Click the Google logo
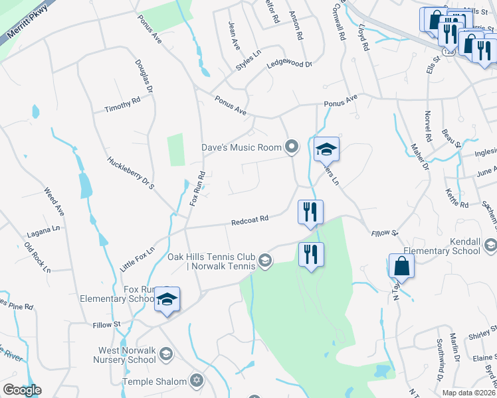[22, 390]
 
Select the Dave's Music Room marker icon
[291, 147]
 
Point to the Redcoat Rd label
[249, 221]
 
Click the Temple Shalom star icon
[195, 381]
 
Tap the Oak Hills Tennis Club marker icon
[265, 261]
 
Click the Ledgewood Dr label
[289, 64]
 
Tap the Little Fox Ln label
[137, 258]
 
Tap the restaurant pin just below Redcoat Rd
[310, 212]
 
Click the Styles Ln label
[248, 60]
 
